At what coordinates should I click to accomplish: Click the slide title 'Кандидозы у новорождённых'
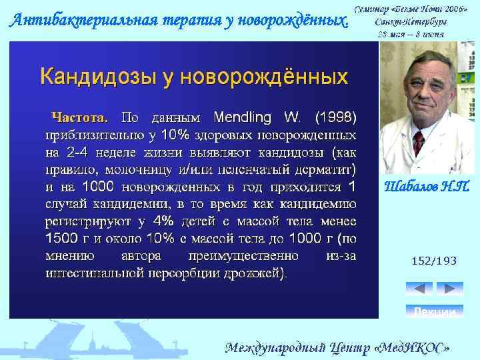coord(194,76)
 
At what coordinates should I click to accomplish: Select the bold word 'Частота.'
coord(80,118)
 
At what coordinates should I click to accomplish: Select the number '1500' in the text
coord(62,237)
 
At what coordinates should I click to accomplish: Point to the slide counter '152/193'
coord(434,261)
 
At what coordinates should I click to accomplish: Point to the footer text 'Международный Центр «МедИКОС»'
coord(341,347)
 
